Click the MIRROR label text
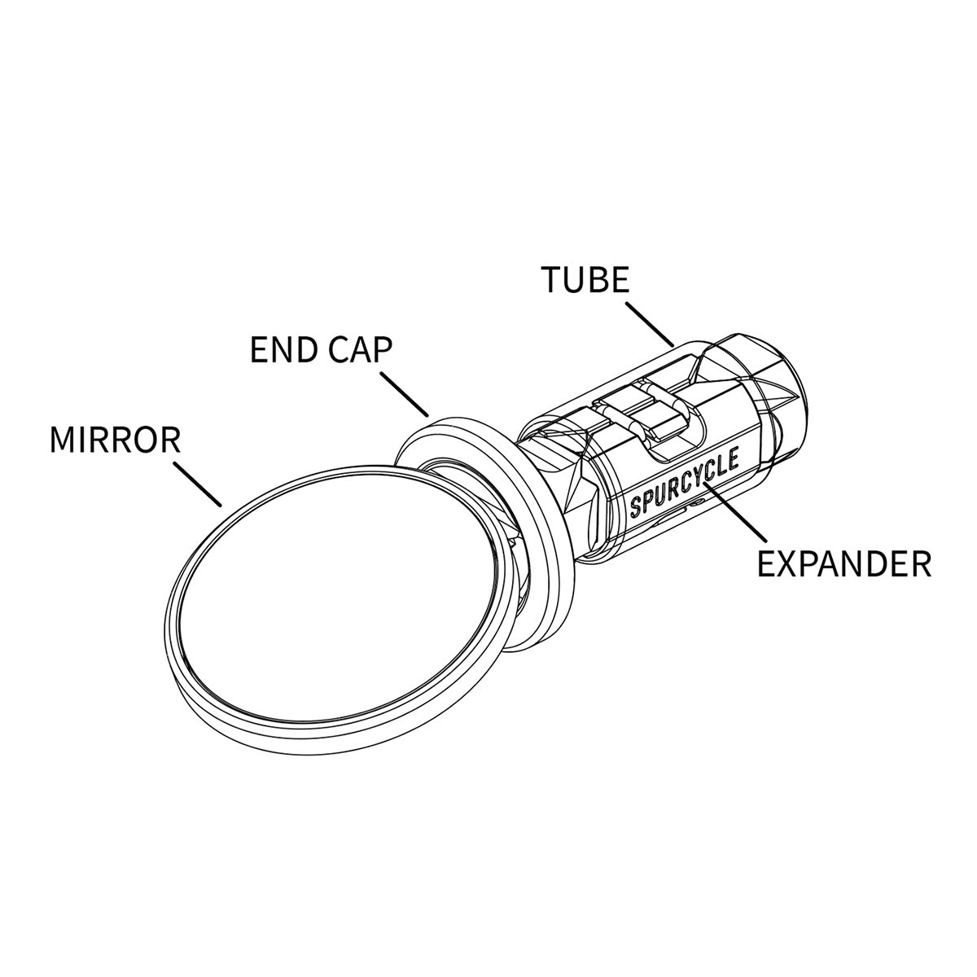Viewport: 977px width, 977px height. click(115, 440)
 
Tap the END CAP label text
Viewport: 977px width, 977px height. click(322, 350)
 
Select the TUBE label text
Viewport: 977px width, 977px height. click(585, 279)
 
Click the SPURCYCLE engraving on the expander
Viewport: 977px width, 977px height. click(684, 484)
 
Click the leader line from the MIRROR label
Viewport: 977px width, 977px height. click(198, 484)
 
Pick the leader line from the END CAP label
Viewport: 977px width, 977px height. click(405, 394)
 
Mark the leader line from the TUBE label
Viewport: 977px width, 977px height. click(650, 325)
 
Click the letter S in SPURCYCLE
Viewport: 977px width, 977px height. click(636, 507)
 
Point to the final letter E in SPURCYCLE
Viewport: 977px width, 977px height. click(732, 461)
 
